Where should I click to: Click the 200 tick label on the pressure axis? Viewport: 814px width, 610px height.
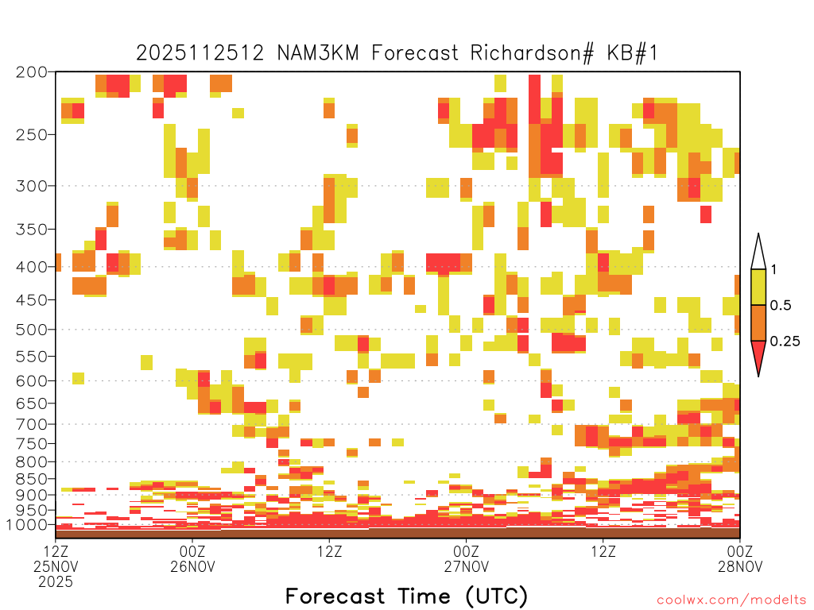pos(32,72)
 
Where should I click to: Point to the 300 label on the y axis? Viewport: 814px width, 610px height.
pos(32,186)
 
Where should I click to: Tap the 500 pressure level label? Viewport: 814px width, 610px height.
pos(32,330)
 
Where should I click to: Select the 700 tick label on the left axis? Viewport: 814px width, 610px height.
pos(32,424)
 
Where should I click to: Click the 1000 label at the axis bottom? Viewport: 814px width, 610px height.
pos(28,524)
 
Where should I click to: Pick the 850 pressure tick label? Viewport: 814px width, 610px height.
pos(32,479)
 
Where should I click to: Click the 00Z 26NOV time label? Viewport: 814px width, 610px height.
pos(192,558)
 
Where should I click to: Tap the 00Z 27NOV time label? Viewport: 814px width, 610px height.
pos(466,558)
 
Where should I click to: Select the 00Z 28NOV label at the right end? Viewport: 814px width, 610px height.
pos(740,558)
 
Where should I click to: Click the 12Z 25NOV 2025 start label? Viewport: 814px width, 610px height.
pos(56,566)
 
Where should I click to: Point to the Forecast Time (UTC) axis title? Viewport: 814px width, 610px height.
pos(406,596)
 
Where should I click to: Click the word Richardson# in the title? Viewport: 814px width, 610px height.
pos(532,53)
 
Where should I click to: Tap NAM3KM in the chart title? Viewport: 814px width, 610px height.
pos(318,53)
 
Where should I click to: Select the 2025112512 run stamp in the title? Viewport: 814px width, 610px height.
pos(200,53)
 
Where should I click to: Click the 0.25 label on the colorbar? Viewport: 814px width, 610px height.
pos(785,342)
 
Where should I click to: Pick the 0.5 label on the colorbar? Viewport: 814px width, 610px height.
pos(781,305)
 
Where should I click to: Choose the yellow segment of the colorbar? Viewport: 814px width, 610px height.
pos(758,287)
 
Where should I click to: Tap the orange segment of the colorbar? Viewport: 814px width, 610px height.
pos(758,322)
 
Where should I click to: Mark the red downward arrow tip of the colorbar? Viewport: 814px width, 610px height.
pos(758,376)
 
